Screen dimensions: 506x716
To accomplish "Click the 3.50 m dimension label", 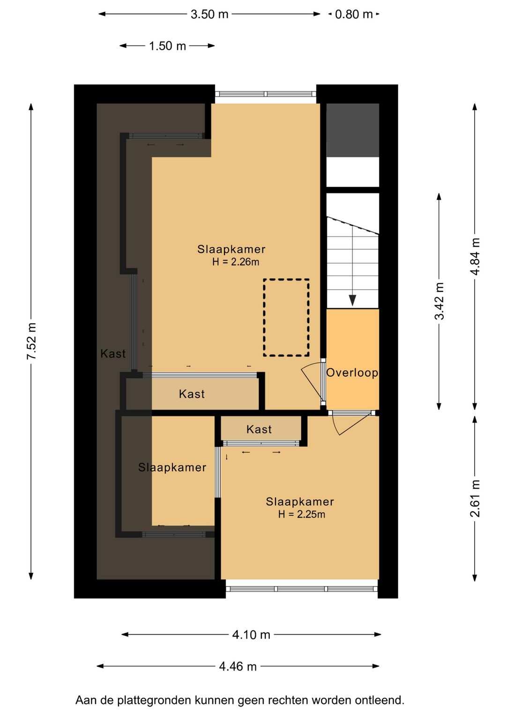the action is coord(209,14).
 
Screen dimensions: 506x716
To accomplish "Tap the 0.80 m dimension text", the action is coord(354,14).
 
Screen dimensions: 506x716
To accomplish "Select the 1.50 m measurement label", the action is coord(167,46).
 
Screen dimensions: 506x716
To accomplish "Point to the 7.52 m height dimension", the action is coord(31,341).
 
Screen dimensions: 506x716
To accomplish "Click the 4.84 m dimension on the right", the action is coord(475,256).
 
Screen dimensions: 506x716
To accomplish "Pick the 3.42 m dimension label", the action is coord(439,301).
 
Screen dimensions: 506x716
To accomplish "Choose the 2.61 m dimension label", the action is coord(475,498).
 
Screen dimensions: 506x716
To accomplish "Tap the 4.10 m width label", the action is coord(251,634).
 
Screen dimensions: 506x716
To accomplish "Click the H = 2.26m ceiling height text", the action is coord(236,262).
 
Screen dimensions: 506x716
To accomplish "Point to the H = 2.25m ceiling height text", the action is coord(301,514).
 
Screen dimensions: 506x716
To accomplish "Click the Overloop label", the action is coord(352,373).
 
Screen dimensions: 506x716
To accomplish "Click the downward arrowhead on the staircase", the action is coord(352,300).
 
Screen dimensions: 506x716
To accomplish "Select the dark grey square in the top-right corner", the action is coord(352,130).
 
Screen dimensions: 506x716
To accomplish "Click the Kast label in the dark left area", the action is coord(113,353).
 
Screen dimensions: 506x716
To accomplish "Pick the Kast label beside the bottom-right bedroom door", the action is coord(259,429).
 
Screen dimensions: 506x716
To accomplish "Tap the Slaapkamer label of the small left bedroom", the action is coord(172,467).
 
